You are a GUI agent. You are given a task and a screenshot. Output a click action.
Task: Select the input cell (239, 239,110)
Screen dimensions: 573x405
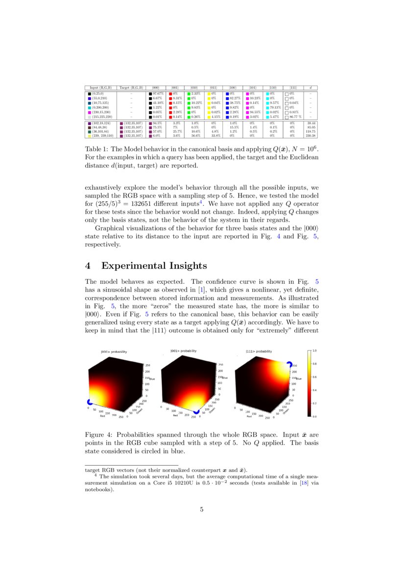tap(100, 135)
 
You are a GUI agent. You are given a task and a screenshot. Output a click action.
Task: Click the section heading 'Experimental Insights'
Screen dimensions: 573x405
tap(154, 266)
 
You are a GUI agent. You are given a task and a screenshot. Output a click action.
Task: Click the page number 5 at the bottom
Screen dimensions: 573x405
tap(202, 509)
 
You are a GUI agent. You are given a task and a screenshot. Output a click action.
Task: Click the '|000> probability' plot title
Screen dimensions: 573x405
tap(114, 351)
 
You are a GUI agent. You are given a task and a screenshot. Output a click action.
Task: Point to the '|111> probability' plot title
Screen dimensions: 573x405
tap(259, 351)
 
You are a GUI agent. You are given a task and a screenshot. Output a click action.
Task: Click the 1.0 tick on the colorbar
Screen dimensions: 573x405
tap(314, 351)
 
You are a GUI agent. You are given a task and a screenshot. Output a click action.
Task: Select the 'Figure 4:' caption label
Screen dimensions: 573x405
tap(99, 434)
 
